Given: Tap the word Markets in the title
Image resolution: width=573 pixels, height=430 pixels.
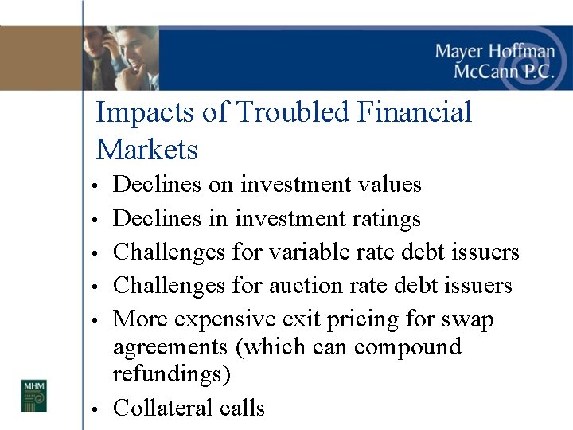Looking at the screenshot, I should click(146, 149).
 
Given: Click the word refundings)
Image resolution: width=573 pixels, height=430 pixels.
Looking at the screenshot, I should click(176, 374).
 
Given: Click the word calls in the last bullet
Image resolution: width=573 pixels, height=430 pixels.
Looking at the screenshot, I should click(243, 408).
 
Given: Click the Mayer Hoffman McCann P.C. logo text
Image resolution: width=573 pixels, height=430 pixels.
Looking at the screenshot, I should click(493, 61).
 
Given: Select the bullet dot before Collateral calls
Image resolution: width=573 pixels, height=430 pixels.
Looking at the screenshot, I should click(94, 410).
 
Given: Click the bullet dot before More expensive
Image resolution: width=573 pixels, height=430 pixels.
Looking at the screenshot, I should click(94, 321).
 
